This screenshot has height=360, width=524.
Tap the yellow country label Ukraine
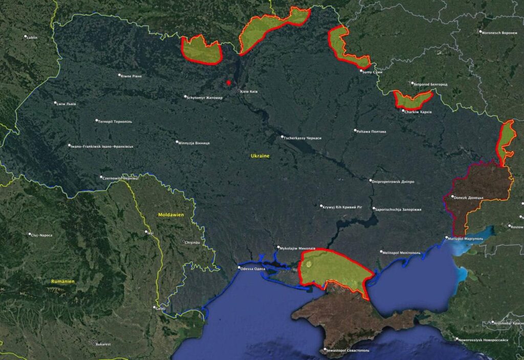point(260,155)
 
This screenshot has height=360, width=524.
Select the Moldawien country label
point(171,215)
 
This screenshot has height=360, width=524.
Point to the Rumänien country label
point(63,281)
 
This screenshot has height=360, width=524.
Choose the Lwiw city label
point(67,104)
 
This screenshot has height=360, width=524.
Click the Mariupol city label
point(466,239)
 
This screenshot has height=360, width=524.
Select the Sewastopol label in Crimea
point(347,351)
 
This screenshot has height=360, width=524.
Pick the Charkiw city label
point(418,111)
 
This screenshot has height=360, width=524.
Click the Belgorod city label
point(431,84)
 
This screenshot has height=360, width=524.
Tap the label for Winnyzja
point(194,143)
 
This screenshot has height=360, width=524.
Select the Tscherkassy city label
point(303,138)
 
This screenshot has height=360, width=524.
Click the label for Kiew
point(249,92)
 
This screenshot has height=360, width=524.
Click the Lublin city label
point(32,37)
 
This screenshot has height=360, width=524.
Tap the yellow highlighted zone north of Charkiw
point(412,99)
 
